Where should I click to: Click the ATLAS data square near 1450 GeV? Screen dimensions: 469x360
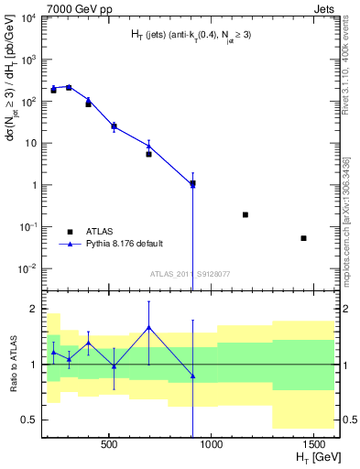tap(303, 238)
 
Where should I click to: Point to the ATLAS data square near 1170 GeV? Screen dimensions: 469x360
tap(245, 214)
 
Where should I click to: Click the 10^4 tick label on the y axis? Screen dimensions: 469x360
tap(29, 18)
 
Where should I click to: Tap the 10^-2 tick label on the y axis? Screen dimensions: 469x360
tap(29, 268)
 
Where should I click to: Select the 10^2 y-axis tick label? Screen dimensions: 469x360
tap(30, 102)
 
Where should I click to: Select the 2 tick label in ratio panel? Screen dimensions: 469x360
tap(35, 309)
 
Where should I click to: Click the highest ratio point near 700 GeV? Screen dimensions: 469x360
tap(148, 327)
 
